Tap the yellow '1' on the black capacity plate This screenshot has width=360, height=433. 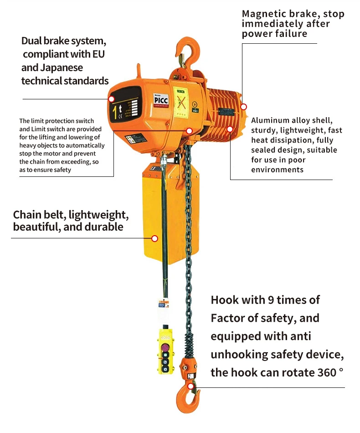pos(114,111)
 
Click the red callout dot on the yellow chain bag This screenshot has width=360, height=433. pos(154,238)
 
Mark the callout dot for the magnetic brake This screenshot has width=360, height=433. pos(244,107)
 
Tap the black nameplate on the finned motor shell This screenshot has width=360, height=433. pos(225,112)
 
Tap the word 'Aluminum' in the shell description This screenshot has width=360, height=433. pos(270,120)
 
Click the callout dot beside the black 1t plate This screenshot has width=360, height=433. pos(111,98)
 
